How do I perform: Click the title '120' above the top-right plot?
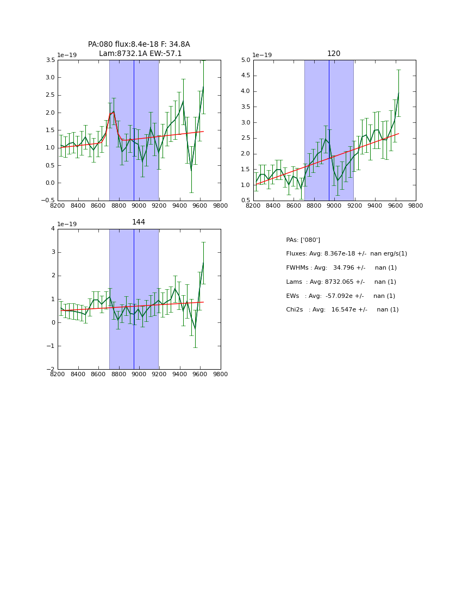pos(334,53)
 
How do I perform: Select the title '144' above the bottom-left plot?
pos(139,222)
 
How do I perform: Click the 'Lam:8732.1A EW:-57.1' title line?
pos(140,53)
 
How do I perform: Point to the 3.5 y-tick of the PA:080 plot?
pos(49,60)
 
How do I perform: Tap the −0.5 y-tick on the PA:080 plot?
pos(47,201)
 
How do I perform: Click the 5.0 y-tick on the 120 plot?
pos(245,60)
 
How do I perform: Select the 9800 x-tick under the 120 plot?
pos(416,206)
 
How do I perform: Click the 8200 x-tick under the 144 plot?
pos(58,375)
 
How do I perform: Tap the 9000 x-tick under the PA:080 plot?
pos(139,206)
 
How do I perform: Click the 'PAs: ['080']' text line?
pos(303,240)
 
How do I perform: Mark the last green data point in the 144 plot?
pos(203,263)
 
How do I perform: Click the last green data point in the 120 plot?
pos(398,93)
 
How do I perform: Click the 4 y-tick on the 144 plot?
pos(53,229)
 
